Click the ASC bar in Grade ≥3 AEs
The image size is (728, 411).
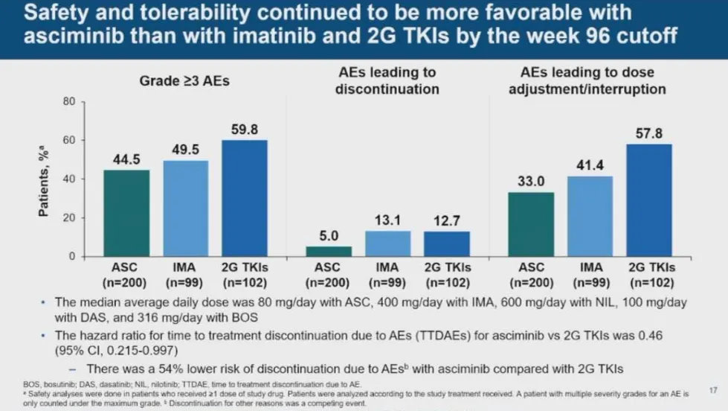pos(126,213)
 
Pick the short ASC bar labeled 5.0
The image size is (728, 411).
pos(329,252)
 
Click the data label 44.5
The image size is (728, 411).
pos(126,160)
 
